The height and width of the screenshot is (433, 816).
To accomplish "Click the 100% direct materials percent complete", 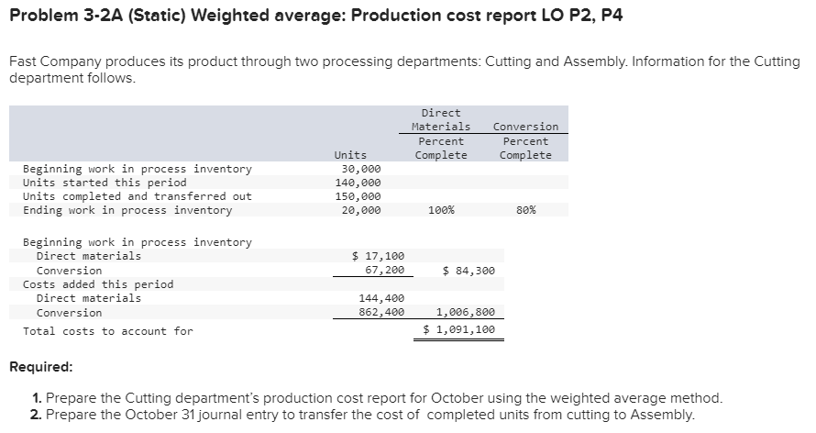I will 441,210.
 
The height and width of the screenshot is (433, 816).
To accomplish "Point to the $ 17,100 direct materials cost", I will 378,256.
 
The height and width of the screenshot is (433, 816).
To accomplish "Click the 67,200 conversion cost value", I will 385,271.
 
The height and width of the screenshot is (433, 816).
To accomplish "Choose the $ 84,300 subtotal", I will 469,271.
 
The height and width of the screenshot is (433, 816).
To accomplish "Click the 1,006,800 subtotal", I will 462,313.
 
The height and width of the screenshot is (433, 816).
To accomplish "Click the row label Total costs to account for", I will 108,330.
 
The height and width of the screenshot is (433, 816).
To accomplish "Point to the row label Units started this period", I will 105,183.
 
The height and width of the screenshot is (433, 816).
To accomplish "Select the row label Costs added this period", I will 98,284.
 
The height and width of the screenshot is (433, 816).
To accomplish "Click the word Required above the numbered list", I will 40,367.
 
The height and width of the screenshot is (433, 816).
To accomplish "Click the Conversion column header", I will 525,127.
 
